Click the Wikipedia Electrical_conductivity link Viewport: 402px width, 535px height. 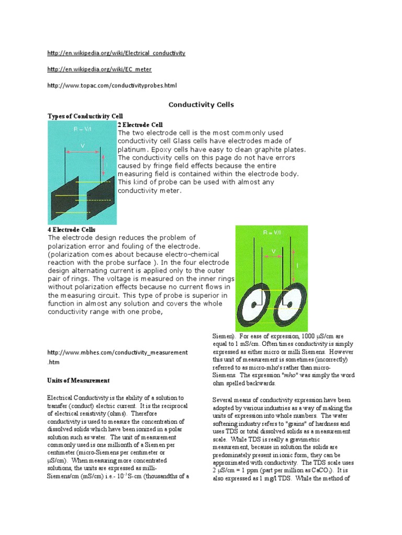(116, 54)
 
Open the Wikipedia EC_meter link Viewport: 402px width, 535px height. (99, 69)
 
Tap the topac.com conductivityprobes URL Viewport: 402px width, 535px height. (115, 85)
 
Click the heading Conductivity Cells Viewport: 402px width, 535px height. (201, 105)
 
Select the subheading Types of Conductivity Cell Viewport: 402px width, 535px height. (85, 115)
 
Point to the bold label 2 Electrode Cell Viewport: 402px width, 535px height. (140, 125)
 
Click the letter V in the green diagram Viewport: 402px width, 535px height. (273, 252)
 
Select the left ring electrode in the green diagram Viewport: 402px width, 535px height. (253, 304)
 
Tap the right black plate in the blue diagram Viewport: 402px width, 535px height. (99, 191)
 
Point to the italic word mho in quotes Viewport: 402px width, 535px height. (275, 376)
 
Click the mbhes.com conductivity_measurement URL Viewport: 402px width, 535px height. (117, 353)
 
